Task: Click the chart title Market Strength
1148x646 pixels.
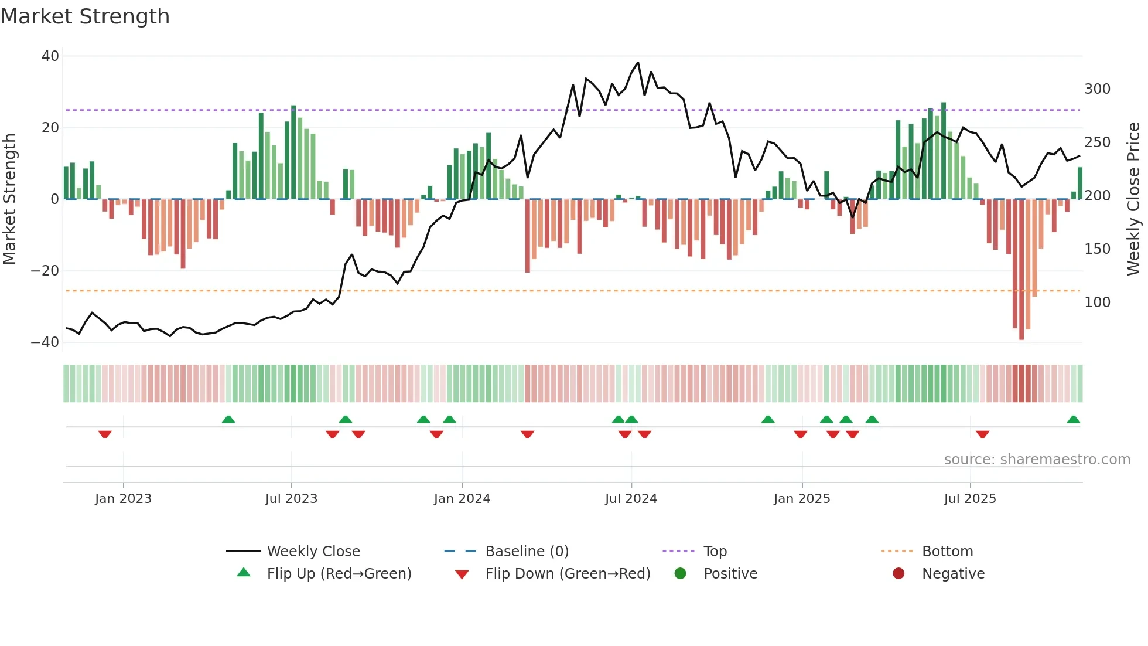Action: click(x=85, y=16)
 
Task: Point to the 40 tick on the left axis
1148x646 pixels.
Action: click(x=50, y=56)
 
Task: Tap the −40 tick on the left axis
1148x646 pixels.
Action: click(x=45, y=342)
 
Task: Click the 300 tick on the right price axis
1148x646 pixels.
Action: click(x=1097, y=89)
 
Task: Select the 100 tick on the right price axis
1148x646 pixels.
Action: click(x=1097, y=302)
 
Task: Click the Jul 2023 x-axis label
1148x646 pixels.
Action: click(x=291, y=499)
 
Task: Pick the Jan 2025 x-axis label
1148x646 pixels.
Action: click(x=801, y=499)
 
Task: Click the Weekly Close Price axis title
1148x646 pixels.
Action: click(x=1133, y=199)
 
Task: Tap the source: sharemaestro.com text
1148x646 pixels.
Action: click(x=1037, y=460)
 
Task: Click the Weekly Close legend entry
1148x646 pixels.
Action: click(x=313, y=552)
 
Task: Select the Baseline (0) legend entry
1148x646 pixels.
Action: click(x=527, y=552)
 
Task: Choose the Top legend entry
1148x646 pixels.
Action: click(x=715, y=552)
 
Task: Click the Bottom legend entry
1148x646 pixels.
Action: click(x=947, y=552)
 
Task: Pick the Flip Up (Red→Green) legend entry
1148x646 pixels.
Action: click(x=339, y=574)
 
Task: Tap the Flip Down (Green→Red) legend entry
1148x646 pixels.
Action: click(x=567, y=574)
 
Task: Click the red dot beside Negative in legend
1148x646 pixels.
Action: click(x=898, y=574)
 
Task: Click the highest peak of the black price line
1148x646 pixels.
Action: click(x=638, y=63)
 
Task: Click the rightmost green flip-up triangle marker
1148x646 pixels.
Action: click(x=1073, y=420)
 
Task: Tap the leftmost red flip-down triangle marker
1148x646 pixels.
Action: click(x=105, y=434)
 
